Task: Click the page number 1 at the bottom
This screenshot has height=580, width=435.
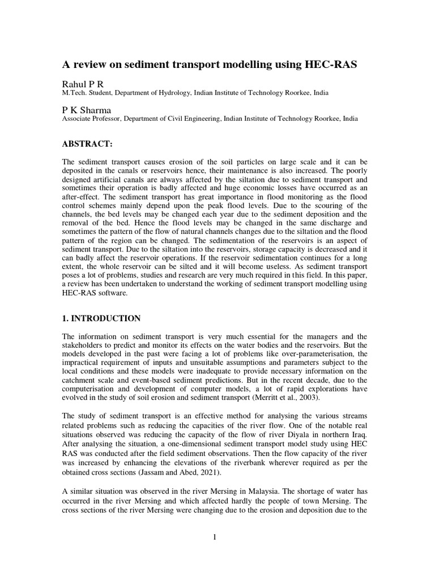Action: tap(216, 537)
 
